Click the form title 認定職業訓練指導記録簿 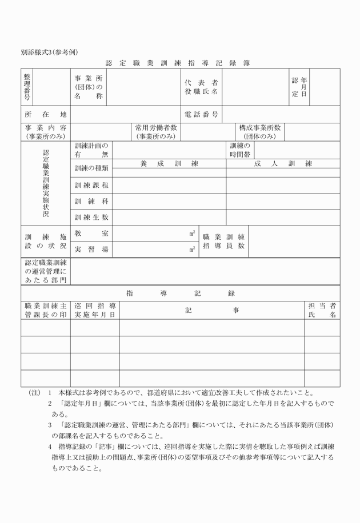(178, 63)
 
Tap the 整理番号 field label (27, 86)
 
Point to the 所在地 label (46, 114)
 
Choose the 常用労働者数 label (155, 132)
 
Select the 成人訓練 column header (283, 164)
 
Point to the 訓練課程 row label (91, 186)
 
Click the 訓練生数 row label (91, 218)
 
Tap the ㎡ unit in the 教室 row (193, 234)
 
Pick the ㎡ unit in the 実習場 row (193, 250)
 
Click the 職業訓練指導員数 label (223, 242)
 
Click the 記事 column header (212, 310)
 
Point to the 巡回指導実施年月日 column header (95, 310)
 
